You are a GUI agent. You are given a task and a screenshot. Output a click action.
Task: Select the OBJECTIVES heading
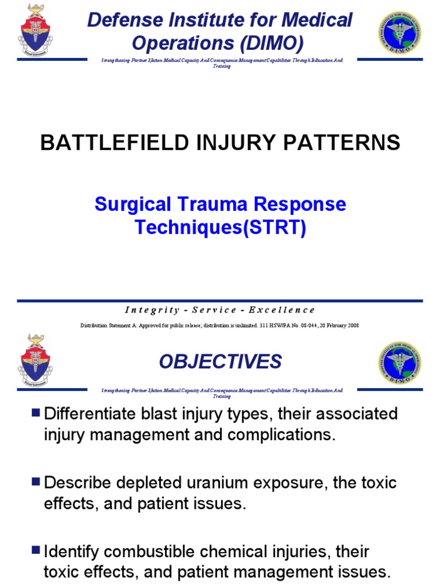[220, 362]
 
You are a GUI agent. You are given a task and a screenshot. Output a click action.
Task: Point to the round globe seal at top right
[399, 33]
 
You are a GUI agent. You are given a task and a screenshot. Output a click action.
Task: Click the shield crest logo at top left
[35, 32]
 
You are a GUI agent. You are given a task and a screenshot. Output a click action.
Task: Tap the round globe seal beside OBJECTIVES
[399, 362]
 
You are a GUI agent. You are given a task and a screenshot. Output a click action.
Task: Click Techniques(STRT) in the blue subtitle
[220, 228]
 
